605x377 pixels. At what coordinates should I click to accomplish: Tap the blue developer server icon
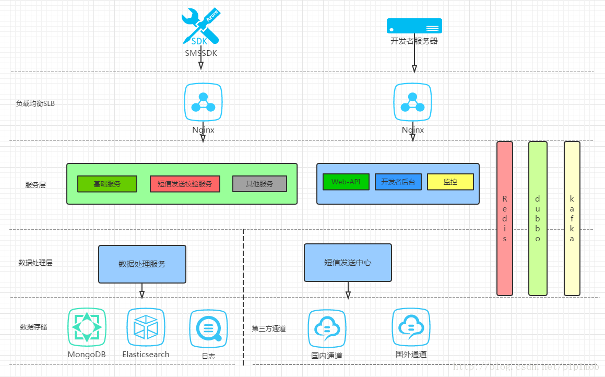(414, 26)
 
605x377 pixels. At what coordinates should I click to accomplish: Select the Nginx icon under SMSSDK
(203, 102)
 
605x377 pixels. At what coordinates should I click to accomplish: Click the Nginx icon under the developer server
(412, 102)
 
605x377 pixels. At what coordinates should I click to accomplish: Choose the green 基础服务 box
(107, 184)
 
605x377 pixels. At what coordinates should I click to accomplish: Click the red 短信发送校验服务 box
(185, 184)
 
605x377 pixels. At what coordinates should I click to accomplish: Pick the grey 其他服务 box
(259, 184)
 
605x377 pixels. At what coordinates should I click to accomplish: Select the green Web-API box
(346, 182)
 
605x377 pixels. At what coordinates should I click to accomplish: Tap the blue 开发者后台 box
(398, 182)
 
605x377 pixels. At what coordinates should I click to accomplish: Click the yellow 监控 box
(450, 182)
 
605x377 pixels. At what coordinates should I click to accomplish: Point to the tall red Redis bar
(505, 218)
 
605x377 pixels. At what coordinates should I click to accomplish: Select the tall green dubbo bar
(538, 218)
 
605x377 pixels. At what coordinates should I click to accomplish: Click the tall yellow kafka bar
(572, 218)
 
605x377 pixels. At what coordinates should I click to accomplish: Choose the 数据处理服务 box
(142, 264)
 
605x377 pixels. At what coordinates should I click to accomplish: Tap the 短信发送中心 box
(348, 263)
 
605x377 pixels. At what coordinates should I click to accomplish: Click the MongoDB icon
(87, 327)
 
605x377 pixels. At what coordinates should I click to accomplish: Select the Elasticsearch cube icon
(146, 327)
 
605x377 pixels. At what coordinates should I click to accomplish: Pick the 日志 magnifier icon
(208, 329)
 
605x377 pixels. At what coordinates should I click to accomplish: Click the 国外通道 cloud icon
(411, 327)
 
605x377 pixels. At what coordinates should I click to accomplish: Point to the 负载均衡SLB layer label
(35, 103)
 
